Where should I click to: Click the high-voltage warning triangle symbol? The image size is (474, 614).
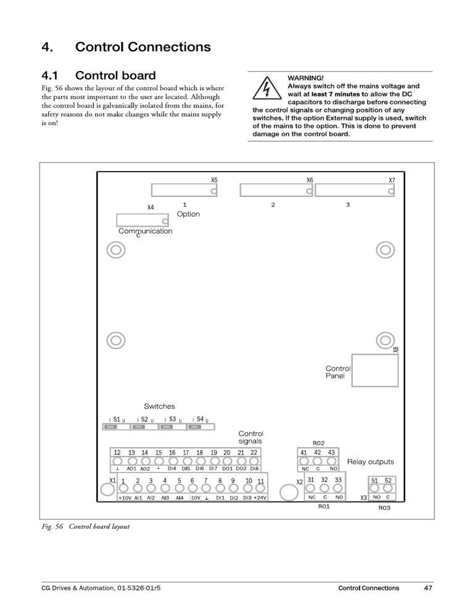tap(267, 90)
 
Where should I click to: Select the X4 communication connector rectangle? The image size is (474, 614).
tap(143, 221)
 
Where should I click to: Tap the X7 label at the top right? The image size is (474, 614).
tap(391, 180)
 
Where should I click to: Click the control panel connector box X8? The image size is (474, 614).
tap(375, 370)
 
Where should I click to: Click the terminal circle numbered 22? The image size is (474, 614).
tap(254, 461)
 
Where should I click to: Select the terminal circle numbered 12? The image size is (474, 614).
tap(117, 461)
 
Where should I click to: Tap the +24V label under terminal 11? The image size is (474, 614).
tap(260, 497)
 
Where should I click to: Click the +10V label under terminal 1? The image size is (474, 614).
tap(124, 497)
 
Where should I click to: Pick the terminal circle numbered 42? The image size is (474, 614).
tap(317, 461)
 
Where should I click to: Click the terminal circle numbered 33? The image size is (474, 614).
tap(338, 488)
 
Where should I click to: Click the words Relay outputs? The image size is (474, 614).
tap(370, 461)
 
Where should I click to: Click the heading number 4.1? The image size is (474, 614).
tap(54, 76)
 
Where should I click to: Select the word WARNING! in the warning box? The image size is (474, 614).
tap(306, 78)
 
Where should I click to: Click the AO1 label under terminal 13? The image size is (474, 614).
tap(131, 469)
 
